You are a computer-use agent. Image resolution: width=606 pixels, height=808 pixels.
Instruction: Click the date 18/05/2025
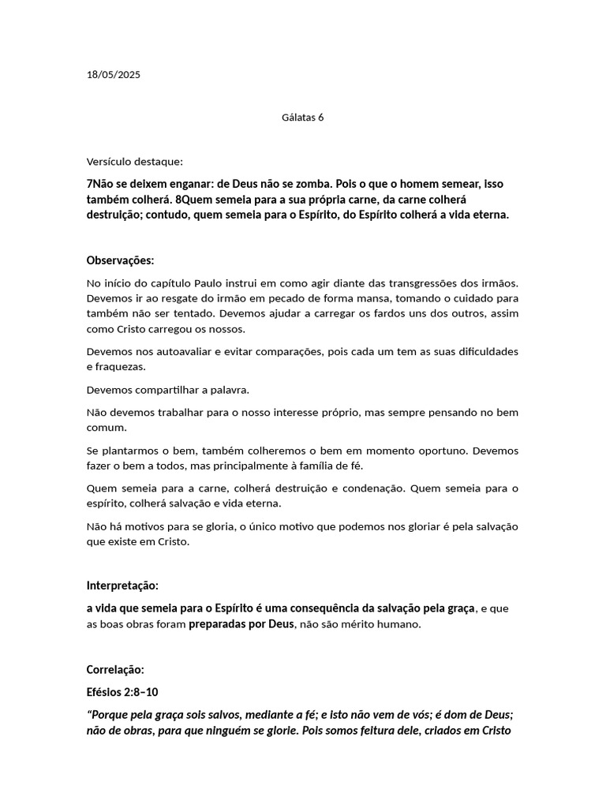click(113, 75)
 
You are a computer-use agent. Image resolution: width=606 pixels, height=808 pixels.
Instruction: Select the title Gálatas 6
click(303, 118)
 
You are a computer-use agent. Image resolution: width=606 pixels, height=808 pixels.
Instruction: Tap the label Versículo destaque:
click(134, 162)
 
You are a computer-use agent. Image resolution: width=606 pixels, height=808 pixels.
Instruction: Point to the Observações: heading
click(120, 260)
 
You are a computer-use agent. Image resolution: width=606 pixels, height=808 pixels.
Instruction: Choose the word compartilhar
click(174, 390)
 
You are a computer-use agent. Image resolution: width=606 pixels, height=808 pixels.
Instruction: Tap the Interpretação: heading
click(122, 585)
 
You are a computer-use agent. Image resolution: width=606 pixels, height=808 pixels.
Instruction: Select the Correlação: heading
click(115, 669)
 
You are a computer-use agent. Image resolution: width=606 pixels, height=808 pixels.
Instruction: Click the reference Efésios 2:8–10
click(122, 692)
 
